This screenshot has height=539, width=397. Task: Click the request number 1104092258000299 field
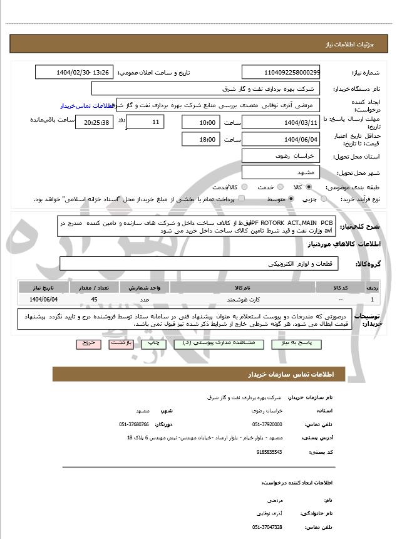(x=281, y=73)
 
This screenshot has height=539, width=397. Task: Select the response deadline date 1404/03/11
(x=281, y=122)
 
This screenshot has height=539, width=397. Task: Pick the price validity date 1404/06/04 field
(x=281, y=139)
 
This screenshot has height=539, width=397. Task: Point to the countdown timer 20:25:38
(x=94, y=122)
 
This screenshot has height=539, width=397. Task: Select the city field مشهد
(x=281, y=172)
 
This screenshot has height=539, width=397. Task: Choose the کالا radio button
(x=309, y=187)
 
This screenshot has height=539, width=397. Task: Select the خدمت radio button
(x=279, y=187)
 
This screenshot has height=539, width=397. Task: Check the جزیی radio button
(x=324, y=199)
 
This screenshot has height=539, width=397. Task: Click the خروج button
(x=87, y=343)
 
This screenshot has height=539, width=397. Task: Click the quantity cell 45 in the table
(x=94, y=300)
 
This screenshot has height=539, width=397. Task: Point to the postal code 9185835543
(x=270, y=451)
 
